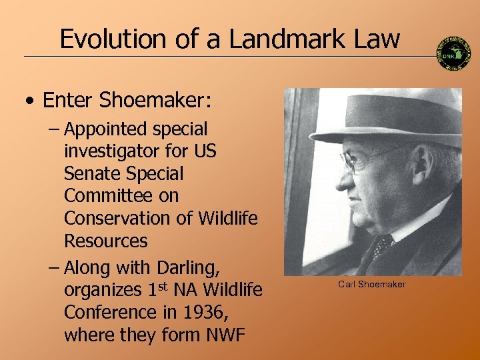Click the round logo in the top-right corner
tap(454, 53)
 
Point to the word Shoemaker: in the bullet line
tap(155, 101)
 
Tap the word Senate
tap(90, 173)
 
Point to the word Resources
tap(106, 240)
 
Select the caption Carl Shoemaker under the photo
tap(371, 285)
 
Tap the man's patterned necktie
tap(383, 246)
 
